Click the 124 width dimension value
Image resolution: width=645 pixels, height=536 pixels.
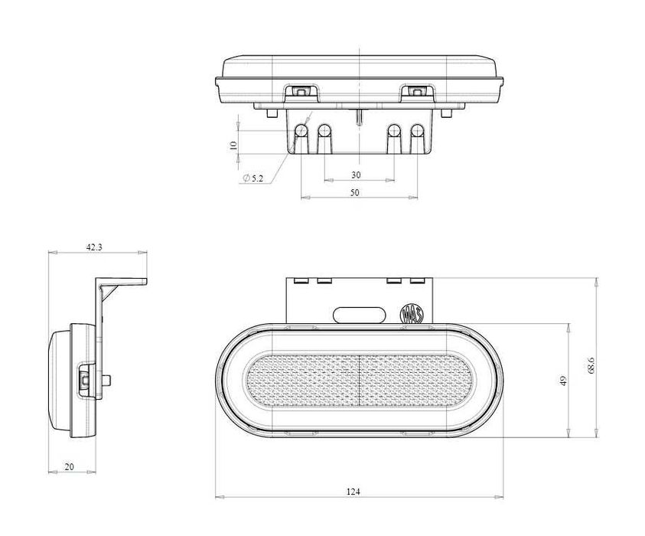(x=353, y=491)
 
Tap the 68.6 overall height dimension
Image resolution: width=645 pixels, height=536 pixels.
(x=592, y=369)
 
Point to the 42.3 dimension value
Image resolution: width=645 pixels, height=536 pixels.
(x=93, y=247)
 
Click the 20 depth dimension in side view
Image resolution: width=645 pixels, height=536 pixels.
(x=70, y=466)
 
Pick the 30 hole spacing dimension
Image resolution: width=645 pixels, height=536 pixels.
(x=356, y=175)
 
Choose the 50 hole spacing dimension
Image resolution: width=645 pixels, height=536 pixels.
(x=355, y=193)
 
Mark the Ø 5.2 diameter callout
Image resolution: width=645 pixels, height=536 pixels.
(x=253, y=178)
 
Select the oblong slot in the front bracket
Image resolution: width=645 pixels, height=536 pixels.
(x=358, y=313)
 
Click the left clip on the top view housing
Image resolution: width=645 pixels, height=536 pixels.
(x=301, y=92)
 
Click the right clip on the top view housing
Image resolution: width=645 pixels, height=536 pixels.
(x=415, y=92)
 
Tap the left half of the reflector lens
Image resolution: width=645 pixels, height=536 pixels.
(x=303, y=381)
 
